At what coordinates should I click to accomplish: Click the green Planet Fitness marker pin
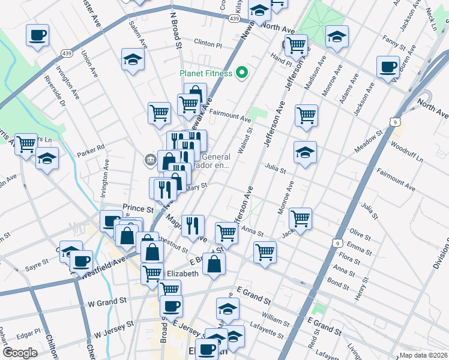pos(243,74)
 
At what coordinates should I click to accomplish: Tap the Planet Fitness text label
pos(206,74)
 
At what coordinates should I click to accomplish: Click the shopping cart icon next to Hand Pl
pos(295,44)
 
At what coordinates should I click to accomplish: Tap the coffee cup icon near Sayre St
pos(81,261)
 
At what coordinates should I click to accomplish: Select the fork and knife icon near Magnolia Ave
pos(193,226)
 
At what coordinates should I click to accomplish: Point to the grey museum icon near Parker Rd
pos(149,160)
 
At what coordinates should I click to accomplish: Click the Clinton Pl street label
pos(208,44)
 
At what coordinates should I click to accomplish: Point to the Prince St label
pos(134,208)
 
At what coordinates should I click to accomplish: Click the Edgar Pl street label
pos(29,331)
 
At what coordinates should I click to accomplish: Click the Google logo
pos(20,353)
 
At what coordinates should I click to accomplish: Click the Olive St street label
pos(361,233)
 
